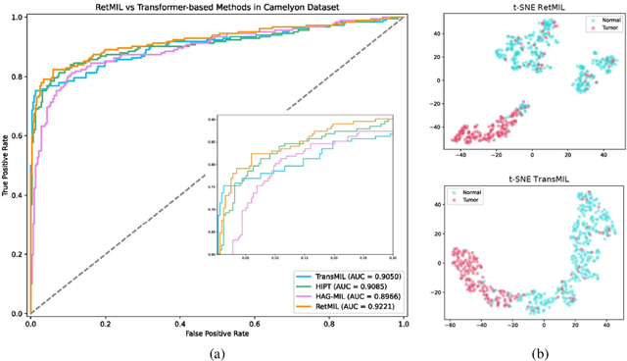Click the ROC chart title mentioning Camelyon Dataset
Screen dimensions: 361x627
[216, 7]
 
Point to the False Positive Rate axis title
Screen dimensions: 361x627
[216, 335]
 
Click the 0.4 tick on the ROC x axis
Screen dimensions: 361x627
[179, 324]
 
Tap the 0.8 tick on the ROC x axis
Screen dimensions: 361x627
[328, 324]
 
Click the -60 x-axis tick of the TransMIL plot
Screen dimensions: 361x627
[450, 324]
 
